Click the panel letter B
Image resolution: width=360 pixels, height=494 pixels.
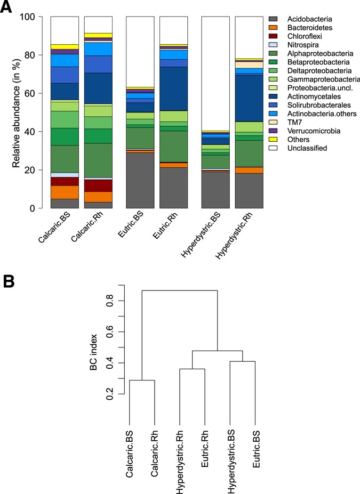[x=8, y=281]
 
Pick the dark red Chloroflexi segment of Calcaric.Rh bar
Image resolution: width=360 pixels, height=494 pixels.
[x=98, y=185]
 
